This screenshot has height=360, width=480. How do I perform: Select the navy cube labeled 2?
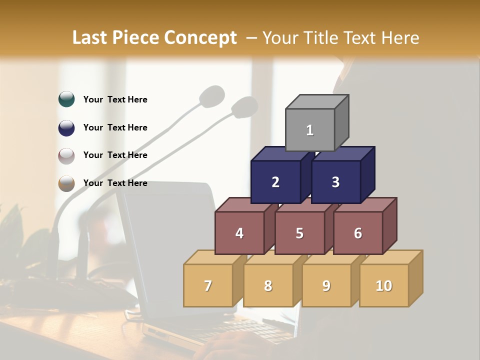pyautogui.click(x=275, y=182)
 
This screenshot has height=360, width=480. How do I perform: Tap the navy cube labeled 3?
pyautogui.click(x=335, y=182)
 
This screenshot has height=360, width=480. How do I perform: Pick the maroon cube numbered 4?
pyautogui.click(x=239, y=233)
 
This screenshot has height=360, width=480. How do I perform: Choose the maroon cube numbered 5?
pyautogui.click(x=299, y=233)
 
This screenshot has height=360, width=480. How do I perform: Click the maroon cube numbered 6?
pyautogui.click(x=358, y=233)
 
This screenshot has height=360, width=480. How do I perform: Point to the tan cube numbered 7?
pyautogui.click(x=208, y=285)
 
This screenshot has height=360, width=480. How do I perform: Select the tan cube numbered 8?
pyautogui.click(x=268, y=285)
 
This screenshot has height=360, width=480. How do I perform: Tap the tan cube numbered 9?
pyautogui.click(x=326, y=285)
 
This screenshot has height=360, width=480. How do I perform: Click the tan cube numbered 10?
pyautogui.click(x=384, y=285)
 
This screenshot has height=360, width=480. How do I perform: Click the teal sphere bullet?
pyautogui.click(x=66, y=99)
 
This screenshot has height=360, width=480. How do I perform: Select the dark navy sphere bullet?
pyautogui.click(x=66, y=127)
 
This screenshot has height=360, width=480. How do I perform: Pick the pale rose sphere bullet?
pyautogui.click(x=66, y=155)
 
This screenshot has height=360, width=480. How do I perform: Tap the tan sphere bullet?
pyautogui.click(x=66, y=183)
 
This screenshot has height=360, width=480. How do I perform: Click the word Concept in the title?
pyautogui.click(x=200, y=38)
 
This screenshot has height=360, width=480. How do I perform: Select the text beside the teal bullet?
pyautogui.click(x=115, y=99)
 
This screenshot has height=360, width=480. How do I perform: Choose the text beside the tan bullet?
pyautogui.click(x=115, y=183)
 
